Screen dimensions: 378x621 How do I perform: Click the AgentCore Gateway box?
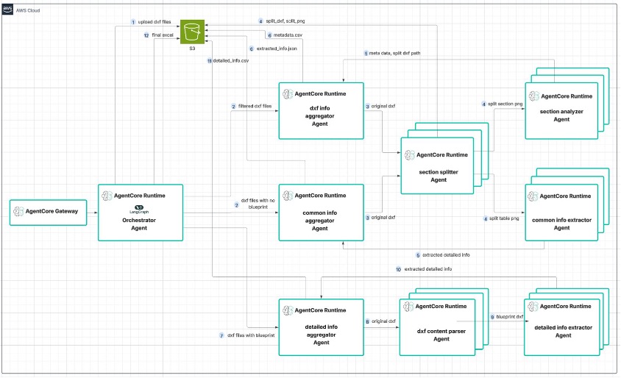pos(48,211)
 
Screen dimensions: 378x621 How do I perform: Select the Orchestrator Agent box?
pos(139,212)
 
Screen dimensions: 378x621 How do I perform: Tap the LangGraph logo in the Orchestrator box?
pos(139,209)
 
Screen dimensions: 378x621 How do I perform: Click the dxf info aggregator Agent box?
pos(321,110)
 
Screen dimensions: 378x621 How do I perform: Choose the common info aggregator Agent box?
pos(321,213)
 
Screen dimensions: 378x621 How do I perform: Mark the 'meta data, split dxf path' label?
pos(397,53)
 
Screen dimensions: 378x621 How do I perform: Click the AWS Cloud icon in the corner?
pos(8,9)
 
